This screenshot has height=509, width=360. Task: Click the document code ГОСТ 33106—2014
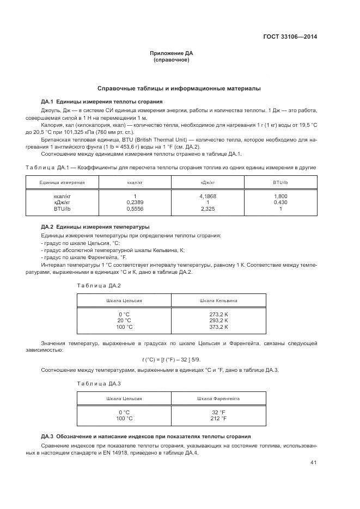coord(290,37)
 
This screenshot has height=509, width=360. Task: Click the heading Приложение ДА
coord(171,53)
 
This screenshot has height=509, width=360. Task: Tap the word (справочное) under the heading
coord(171,59)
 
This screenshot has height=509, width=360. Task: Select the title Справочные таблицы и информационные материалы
coord(179,88)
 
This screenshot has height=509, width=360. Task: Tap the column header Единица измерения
coord(62,182)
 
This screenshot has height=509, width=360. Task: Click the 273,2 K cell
coord(218,314)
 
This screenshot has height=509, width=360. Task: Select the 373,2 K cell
coord(218,327)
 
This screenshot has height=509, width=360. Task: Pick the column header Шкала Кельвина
coord(218,301)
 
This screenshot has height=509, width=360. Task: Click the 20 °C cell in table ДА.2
coord(124,321)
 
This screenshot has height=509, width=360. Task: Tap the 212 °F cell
coord(218,418)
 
